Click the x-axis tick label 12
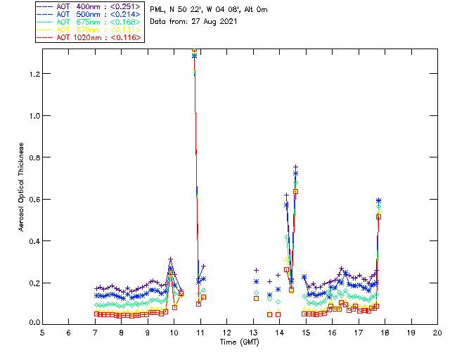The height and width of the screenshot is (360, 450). point(226,332)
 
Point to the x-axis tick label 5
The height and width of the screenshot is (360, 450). point(42,332)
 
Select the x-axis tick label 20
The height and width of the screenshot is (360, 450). point(437,332)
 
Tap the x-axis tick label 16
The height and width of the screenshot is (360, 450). point(332,332)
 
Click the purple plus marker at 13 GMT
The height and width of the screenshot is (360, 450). point(256,270)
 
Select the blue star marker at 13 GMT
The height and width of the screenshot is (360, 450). point(256,281)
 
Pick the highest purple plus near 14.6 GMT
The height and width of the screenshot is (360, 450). point(295,167)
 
